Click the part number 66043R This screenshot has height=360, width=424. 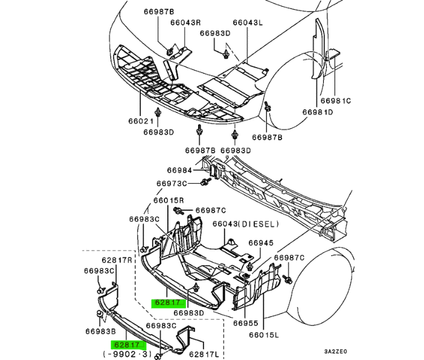tap(185, 23)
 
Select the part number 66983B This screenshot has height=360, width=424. tap(101, 331)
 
